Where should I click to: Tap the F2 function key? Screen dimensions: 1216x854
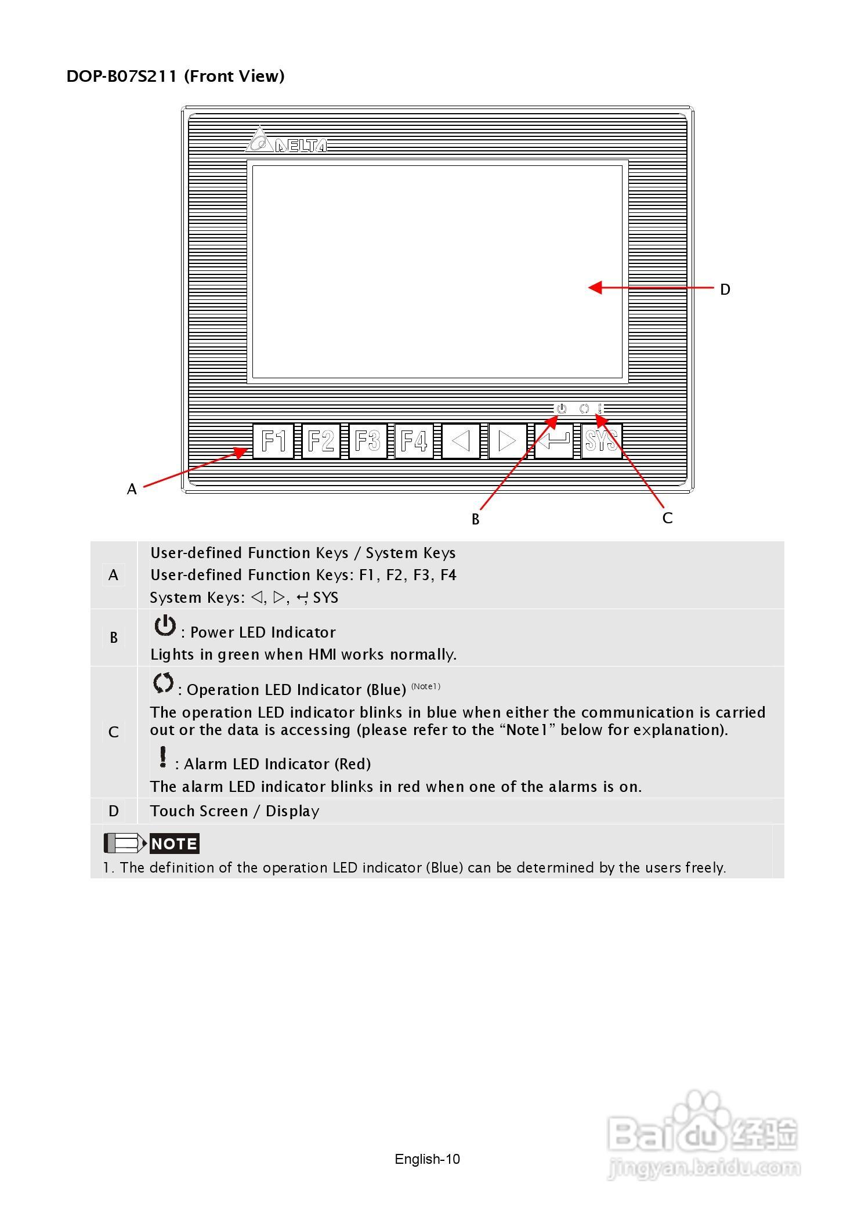pyautogui.click(x=321, y=441)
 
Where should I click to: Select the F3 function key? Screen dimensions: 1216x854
pyautogui.click(x=368, y=441)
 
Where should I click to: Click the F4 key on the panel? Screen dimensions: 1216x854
pyautogui.click(x=414, y=441)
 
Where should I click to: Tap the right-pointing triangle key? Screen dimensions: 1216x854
pyautogui.click(x=508, y=441)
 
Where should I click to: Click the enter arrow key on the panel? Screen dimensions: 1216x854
pyautogui.click(x=554, y=441)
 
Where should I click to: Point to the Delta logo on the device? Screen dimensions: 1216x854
pyautogui.click(x=286, y=140)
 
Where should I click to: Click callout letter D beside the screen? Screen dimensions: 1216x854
pyautogui.click(x=725, y=289)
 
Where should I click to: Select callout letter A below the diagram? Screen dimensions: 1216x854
pyautogui.click(x=132, y=490)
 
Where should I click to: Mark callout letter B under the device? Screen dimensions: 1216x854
pyautogui.click(x=476, y=520)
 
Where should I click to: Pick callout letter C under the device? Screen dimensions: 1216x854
pyautogui.click(x=668, y=518)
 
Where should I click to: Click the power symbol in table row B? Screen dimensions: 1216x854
pyautogui.click(x=165, y=626)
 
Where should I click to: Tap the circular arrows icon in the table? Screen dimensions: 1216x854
pyautogui.click(x=164, y=683)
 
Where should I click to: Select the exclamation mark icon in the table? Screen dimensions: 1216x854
pyautogui.click(x=164, y=757)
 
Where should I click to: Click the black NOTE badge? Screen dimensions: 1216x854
pyautogui.click(x=174, y=844)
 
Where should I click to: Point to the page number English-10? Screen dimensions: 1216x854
pyautogui.click(x=427, y=1159)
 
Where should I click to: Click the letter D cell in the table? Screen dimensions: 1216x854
pyautogui.click(x=114, y=811)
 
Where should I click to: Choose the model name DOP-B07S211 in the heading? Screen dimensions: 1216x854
pyautogui.click(x=122, y=77)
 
